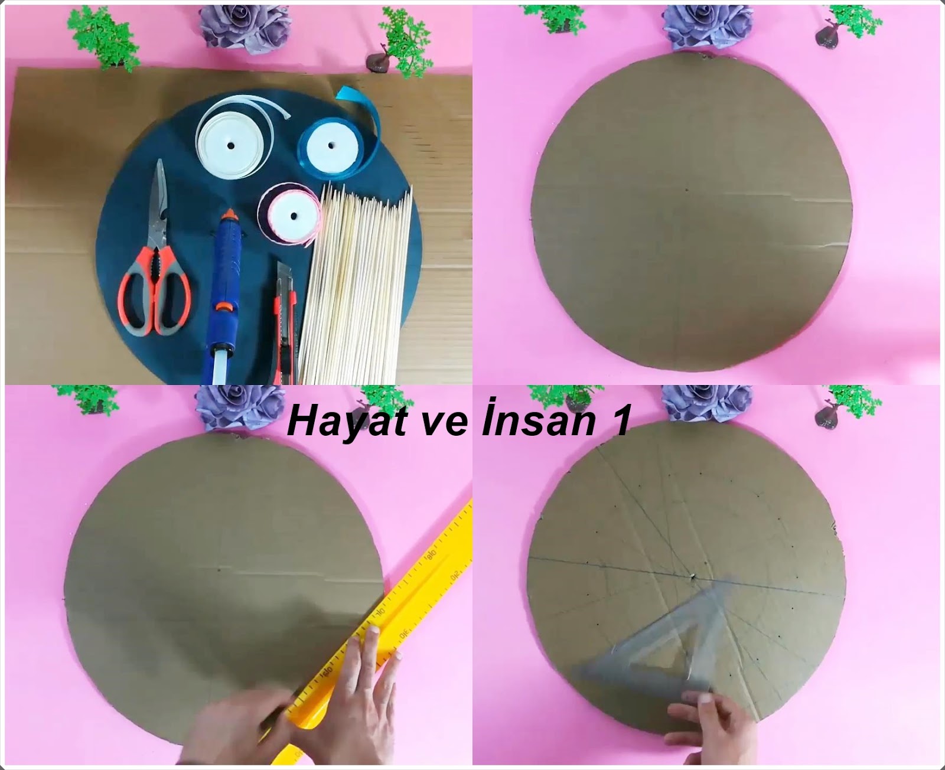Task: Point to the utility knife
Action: [x=284, y=324]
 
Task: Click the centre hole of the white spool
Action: [x=230, y=145]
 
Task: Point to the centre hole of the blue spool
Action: [x=331, y=145]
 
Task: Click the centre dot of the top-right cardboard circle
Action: [x=687, y=190]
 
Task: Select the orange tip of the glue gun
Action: [x=230, y=215]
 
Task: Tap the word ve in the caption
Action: [x=440, y=425]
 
